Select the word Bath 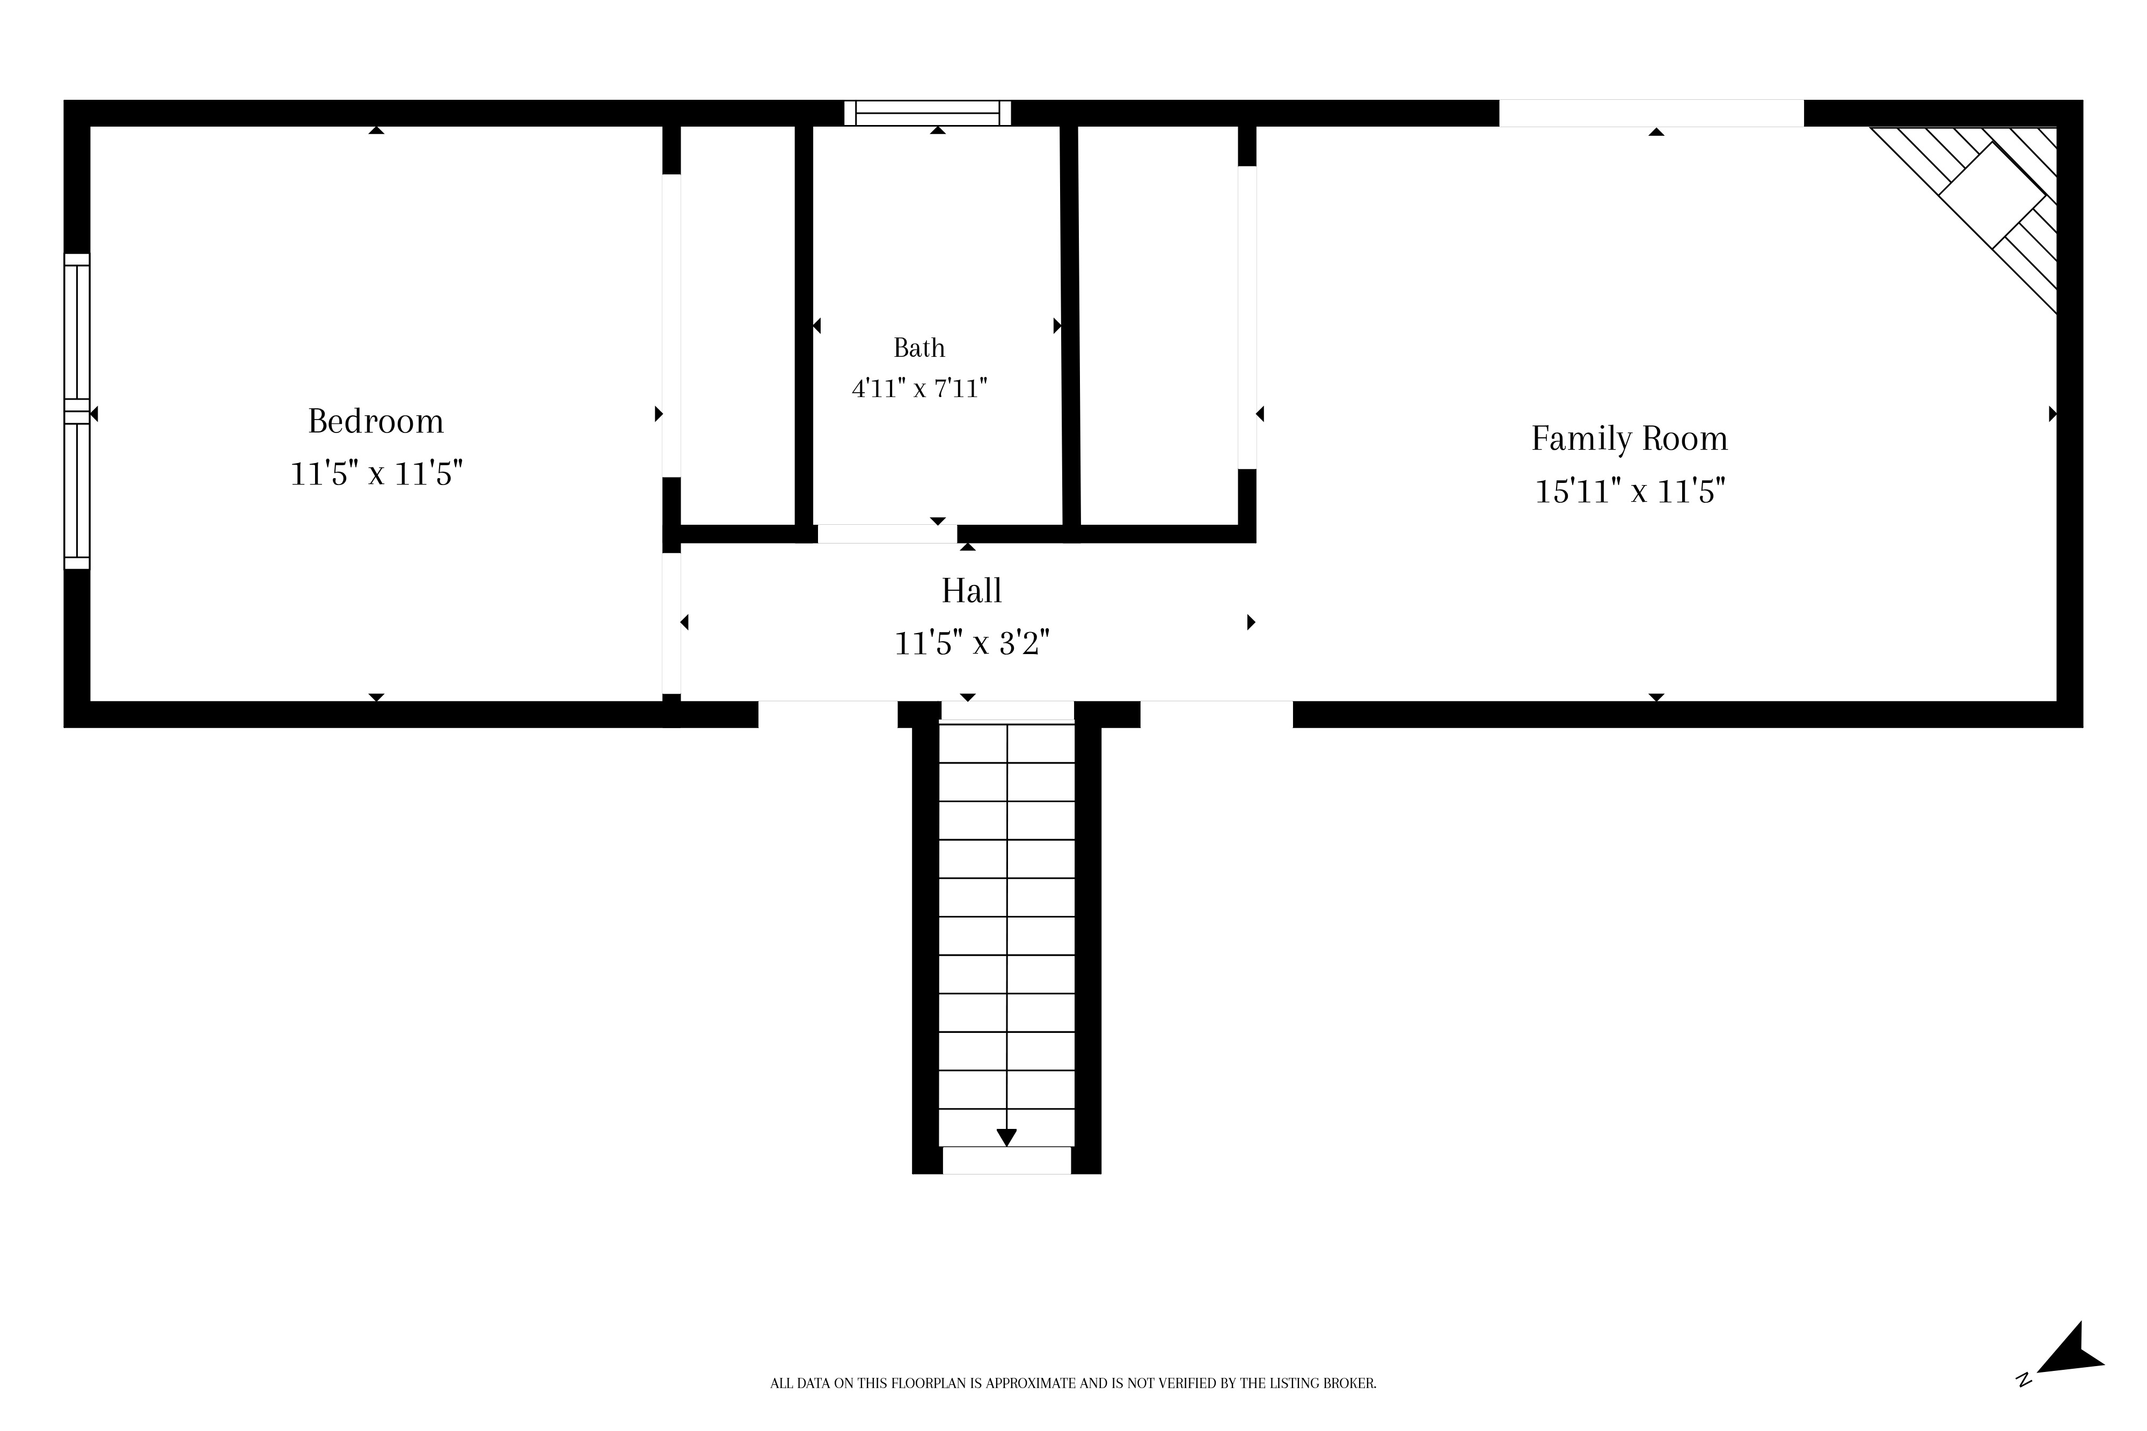click(919, 348)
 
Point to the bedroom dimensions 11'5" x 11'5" click(376, 474)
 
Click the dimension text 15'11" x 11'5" click(1630, 492)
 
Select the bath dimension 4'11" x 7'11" click(919, 389)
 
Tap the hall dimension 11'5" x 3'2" click(972, 643)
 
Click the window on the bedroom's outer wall click(77, 412)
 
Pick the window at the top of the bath click(928, 113)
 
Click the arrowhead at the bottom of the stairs click(1006, 1137)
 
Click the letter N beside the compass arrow click(2024, 1405)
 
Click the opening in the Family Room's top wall click(1652, 113)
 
